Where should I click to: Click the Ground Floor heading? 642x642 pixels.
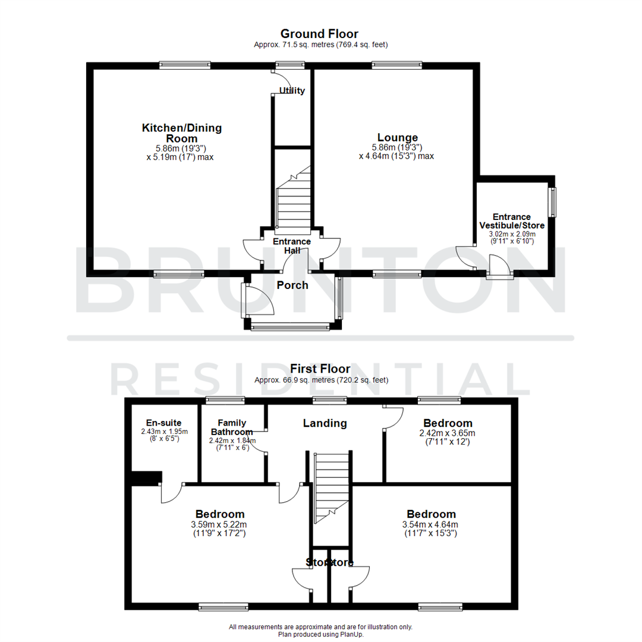click(x=319, y=34)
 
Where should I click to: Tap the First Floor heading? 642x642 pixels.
click(x=319, y=369)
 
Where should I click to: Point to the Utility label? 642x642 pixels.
click(x=292, y=91)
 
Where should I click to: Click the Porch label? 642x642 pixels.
click(x=292, y=285)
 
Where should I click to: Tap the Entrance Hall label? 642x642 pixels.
click(x=291, y=246)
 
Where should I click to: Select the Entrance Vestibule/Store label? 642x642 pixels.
click(x=512, y=221)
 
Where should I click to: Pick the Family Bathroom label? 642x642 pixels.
click(x=232, y=427)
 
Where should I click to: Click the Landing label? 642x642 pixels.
click(x=325, y=423)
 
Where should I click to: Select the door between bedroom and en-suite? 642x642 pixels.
click(x=171, y=492)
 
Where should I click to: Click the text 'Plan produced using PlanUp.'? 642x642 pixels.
click(x=320, y=634)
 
